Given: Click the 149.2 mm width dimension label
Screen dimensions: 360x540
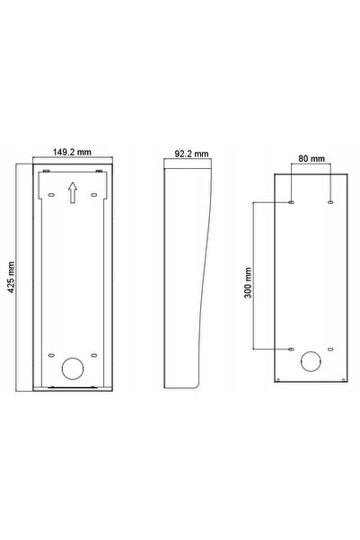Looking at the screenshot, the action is (x=72, y=152).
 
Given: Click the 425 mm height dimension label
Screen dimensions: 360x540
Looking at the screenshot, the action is (x=11, y=277).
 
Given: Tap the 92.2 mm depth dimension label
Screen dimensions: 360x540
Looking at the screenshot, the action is (x=191, y=154).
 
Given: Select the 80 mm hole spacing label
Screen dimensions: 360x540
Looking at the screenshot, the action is (x=312, y=158).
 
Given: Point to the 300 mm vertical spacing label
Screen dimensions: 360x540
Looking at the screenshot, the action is (x=248, y=282).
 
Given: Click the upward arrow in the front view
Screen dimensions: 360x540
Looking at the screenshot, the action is (x=73, y=193).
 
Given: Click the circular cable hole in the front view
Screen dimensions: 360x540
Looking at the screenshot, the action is (x=73, y=368).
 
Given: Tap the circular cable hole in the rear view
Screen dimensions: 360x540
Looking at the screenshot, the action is (x=311, y=361).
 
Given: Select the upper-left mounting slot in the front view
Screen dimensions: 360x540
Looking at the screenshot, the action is (x=51, y=195).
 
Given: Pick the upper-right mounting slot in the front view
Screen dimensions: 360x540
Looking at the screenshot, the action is (x=93, y=195).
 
